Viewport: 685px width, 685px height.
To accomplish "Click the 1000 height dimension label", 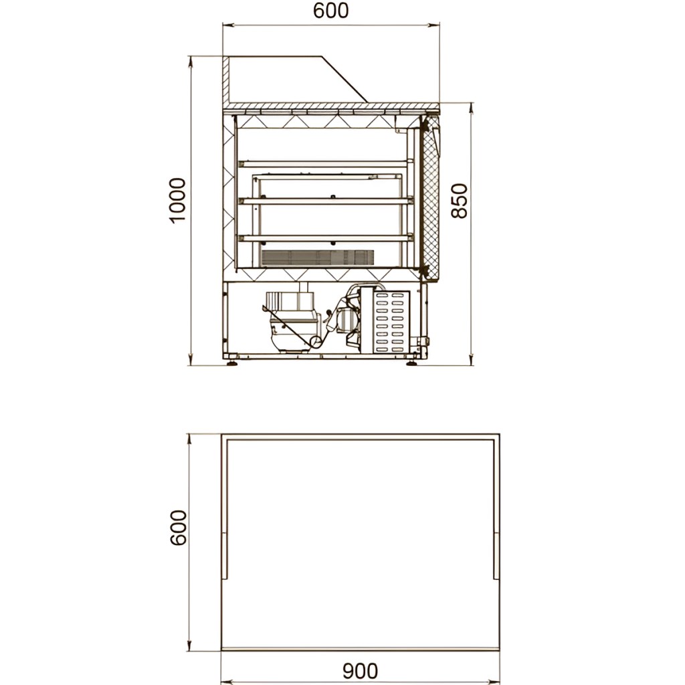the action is pos(178,201).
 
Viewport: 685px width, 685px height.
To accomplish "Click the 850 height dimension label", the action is pos(460,201).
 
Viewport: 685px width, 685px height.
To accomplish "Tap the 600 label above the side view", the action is pos(331,11).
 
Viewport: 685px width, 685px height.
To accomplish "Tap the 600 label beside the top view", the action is pos(178,527).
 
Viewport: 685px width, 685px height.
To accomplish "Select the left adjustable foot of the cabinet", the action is pos(232,362).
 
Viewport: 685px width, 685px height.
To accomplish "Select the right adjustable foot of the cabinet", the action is pos(411,362).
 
